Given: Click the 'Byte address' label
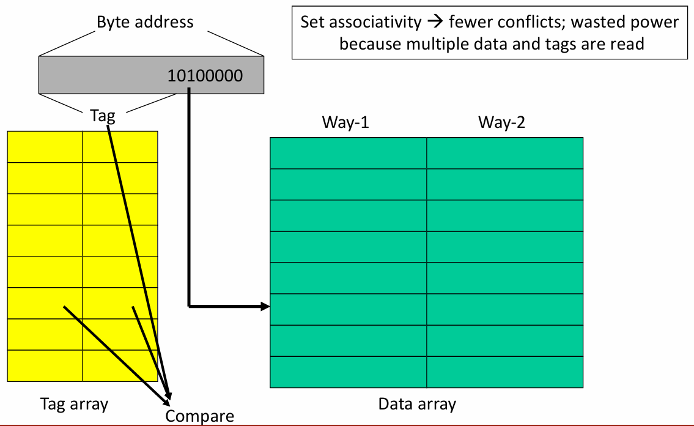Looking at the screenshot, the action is (145, 22).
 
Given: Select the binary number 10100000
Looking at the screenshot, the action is (205, 76).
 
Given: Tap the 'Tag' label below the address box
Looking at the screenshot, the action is (103, 116).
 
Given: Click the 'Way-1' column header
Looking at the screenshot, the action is (345, 122).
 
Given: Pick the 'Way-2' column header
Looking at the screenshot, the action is (501, 122).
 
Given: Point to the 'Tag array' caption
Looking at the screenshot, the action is (75, 405).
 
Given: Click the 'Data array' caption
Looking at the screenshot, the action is (417, 404).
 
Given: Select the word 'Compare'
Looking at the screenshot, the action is (199, 416).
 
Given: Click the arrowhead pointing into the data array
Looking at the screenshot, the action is (265, 306).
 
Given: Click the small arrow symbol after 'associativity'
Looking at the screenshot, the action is (435, 21).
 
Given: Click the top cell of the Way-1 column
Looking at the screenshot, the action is (349, 153).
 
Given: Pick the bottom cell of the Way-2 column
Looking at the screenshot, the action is (505, 372).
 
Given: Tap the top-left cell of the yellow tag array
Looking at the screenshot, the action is (45, 147).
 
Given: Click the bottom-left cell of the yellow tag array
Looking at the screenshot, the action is (45, 366).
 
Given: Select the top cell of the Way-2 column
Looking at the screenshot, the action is (505, 153).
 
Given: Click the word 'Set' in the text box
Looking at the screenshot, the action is (312, 21).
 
